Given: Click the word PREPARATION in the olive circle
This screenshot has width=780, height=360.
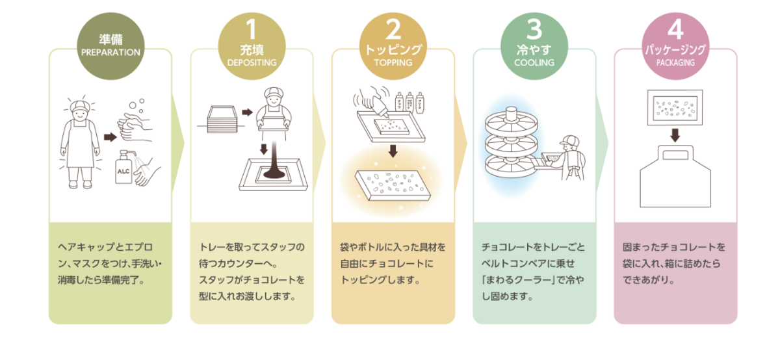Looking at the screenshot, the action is pos(110,53).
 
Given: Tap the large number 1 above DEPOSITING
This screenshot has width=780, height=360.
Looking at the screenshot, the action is pos(252,30).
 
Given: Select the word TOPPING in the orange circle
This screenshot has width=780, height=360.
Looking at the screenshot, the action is pos(393,63).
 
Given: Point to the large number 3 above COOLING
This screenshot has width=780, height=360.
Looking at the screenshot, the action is pos(534,29).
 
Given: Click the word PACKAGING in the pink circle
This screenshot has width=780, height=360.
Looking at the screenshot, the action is pos(675,63).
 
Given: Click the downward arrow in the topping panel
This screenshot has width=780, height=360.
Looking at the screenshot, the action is pos(393,151).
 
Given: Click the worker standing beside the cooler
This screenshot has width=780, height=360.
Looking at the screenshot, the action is pos(572,156).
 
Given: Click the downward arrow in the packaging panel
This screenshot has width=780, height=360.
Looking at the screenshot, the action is pos(676,135).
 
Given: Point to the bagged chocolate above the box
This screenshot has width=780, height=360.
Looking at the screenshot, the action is pos(676,106).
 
